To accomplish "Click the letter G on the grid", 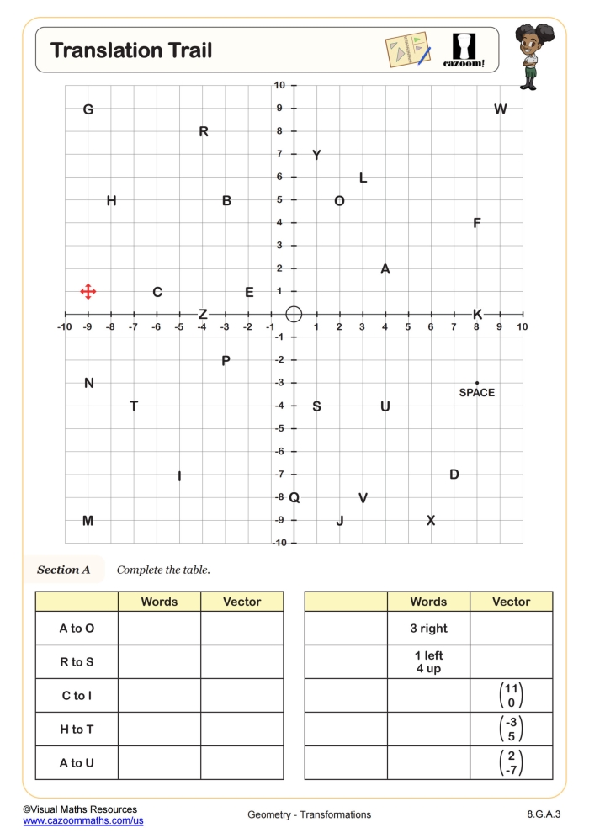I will point(88,109).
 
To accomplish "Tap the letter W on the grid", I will point(501,109).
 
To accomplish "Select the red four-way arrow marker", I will point(88,292).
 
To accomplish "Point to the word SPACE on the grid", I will point(477,393).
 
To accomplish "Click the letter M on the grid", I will point(88,521).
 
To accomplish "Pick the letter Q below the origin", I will point(294,498).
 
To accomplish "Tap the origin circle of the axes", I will point(294,314).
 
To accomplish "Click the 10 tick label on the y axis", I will point(279,85).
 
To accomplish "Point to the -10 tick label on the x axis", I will point(64,326).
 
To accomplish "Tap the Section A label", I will point(63,570).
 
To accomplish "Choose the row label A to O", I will point(77,629).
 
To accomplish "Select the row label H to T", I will point(77,730).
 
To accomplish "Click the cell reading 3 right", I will point(428,629).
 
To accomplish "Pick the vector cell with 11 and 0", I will point(511,696).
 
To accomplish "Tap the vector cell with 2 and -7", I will point(511,763).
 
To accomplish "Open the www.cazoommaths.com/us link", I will point(83,820).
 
